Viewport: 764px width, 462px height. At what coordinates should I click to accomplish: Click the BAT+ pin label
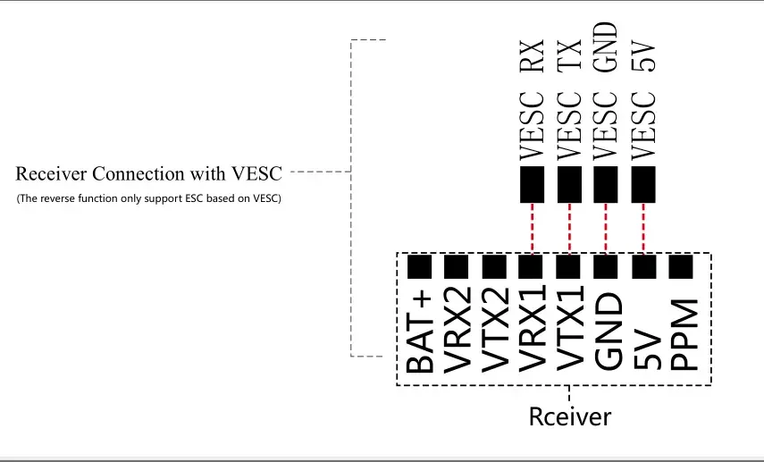(x=419, y=332)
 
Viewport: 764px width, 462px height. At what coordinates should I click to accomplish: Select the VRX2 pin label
(x=458, y=330)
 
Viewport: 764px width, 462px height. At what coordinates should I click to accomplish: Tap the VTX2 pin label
(x=495, y=330)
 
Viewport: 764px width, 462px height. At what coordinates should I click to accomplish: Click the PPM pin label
(x=684, y=335)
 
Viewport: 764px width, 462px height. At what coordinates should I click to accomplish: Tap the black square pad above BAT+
(x=419, y=266)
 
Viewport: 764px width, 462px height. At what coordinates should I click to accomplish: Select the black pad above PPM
(x=681, y=266)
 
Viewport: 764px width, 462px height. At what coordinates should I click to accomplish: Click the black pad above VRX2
(x=457, y=266)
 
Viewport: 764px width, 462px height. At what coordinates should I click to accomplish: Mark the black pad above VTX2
(x=494, y=266)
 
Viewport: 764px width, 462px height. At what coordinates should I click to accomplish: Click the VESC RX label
(x=532, y=100)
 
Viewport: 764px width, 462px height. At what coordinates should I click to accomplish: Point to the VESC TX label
(x=569, y=100)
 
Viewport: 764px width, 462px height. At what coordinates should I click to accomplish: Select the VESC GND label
(x=606, y=91)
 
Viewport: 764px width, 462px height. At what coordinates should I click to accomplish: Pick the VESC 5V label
(x=643, y=101)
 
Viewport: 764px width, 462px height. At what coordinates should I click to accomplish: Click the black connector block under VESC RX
(x=532, y=185)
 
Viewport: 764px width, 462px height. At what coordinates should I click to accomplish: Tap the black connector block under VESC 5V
(x=643, y=185)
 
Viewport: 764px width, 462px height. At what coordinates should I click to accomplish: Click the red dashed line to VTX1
(x=569, y=229)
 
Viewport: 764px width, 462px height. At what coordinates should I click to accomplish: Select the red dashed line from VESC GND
(x=606, y=229)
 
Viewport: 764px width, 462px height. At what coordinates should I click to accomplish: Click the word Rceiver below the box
(x=569, y=417)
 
